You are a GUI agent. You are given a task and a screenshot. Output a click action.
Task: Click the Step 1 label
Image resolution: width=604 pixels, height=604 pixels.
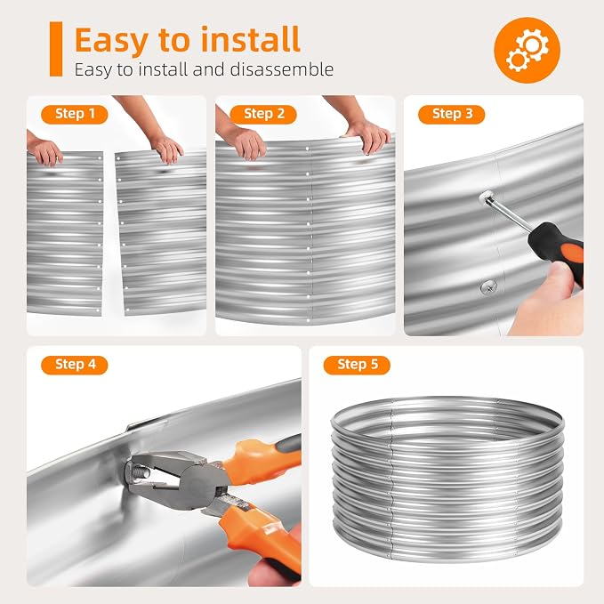click(x=75, y=114)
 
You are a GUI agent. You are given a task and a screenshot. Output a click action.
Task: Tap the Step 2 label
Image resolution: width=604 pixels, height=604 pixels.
click(x=263, y=114)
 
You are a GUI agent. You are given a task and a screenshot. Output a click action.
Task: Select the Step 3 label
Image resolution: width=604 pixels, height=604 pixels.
click(x=452, y=114)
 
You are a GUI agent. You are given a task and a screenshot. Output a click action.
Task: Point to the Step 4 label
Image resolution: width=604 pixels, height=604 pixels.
click(x=75, y=365)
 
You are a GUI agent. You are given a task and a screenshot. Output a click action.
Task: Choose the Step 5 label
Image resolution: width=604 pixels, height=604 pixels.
click(x=357, y=365)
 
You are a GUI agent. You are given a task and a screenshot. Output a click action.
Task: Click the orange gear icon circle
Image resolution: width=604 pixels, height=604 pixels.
click(x=527, y=50)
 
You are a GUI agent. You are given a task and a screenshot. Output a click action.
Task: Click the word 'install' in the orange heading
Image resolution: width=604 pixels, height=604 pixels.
click(x=250, y=39)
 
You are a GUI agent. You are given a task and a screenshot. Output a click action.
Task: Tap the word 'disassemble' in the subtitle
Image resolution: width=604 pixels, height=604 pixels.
click(x=282, y=69)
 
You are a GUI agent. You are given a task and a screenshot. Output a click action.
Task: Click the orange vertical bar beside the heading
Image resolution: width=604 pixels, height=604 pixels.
click(x=56, y=49)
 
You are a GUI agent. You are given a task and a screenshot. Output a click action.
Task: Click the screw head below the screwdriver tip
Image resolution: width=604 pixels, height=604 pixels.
click(x=488, y=287)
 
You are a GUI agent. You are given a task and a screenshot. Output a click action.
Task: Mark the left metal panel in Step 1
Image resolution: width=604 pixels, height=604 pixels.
click(x=65, y=234)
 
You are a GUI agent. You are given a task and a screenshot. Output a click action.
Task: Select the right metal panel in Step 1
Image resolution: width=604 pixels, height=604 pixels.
click(x=162, y=234)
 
